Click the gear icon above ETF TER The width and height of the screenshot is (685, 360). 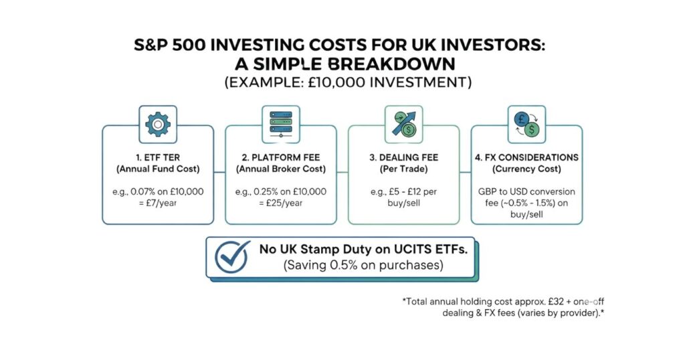click(x=157, y=124)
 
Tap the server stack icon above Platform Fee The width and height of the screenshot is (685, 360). click(x=281, y=124)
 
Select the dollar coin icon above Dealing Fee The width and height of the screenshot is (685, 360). click(x=404, y=124)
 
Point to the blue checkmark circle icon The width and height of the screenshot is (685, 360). click(x=233, y=256)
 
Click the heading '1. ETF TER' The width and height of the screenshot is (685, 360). click(x=158, y=158)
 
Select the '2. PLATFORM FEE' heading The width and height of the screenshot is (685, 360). click(x=281, y=158)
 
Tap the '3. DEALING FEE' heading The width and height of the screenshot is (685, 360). click(x=404, y=158)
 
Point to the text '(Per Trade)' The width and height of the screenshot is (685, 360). click(x=404, y=169)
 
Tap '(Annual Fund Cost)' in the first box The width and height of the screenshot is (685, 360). click(x=158, y=169)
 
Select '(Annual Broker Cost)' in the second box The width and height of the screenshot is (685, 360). click(x=281, y=169)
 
